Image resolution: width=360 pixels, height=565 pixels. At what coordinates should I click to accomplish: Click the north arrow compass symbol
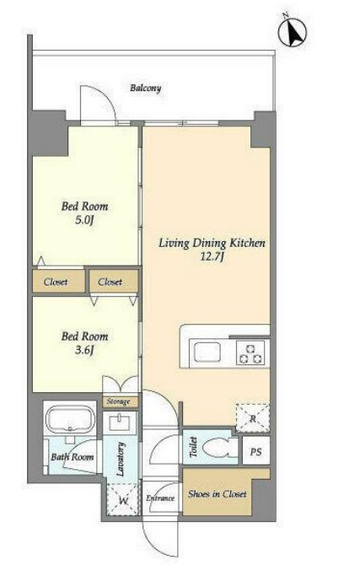(293, 32)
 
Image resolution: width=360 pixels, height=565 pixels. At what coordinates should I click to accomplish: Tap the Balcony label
(146, 88)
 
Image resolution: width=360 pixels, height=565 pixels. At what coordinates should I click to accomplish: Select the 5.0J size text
(84, 220)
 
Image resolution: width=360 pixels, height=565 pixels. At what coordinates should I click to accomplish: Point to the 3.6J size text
(84, 350)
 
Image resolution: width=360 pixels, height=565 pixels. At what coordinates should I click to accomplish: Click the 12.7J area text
(212, 256)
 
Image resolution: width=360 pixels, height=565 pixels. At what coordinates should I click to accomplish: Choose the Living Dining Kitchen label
(212, 243)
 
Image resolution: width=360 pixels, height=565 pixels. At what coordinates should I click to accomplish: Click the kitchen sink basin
(207, 352)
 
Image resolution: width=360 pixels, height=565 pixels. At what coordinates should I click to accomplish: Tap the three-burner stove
(250, 353)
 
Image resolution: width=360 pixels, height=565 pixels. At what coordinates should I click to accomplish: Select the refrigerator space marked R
(253, 418)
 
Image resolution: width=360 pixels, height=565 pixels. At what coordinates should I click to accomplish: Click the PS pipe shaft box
(255, 451)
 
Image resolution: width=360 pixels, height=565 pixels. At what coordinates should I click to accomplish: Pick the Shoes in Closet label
(218, 493)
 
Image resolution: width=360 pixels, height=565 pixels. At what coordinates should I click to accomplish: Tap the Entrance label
(160, 498)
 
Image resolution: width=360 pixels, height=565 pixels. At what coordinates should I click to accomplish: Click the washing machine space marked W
(123, 499)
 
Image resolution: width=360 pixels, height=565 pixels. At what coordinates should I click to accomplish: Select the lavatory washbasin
(120, 422)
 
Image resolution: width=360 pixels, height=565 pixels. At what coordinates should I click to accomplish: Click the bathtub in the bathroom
(69, 419)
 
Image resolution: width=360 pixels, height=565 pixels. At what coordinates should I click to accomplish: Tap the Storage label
(118, 401)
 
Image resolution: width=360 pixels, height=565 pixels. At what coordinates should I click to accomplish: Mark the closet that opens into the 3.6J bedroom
(114, 281)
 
